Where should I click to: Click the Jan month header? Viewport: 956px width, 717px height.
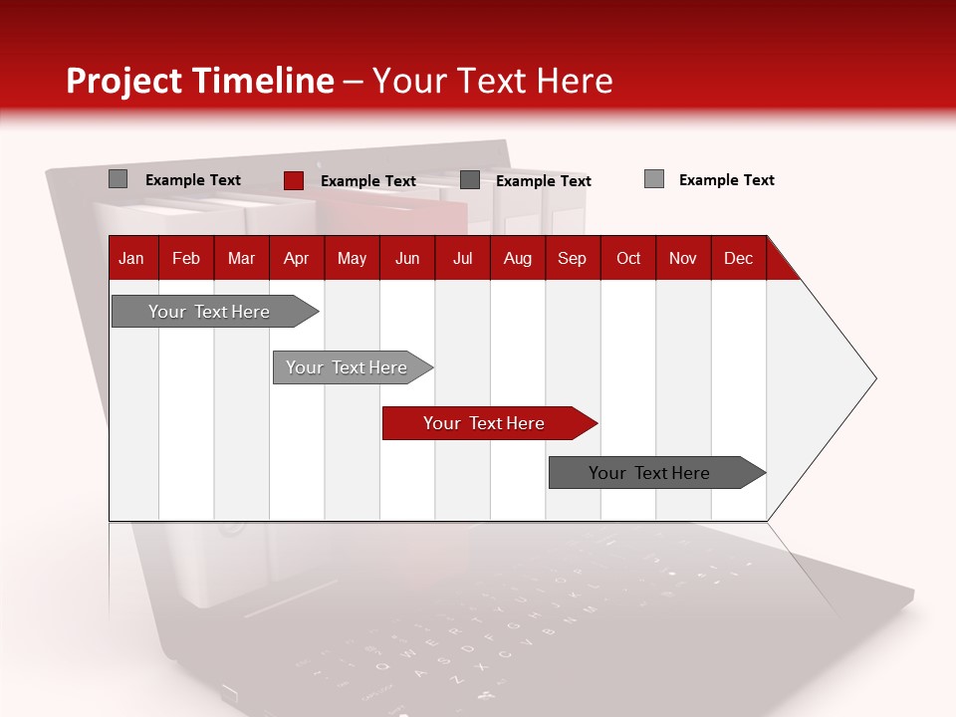(x=132, y=258)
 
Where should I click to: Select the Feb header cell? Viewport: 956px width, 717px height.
(x=186, y=258)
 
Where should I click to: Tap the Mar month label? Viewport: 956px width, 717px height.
(x=241, y=258)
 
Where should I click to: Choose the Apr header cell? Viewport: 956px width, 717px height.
(x=297, y=258)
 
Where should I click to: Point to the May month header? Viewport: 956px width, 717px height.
(x=352, y=258)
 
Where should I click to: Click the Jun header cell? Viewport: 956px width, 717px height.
(x=407, y=258)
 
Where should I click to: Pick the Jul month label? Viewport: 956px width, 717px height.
(x=462, y=258)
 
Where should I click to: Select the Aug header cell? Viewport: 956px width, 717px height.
(x=518, y=258)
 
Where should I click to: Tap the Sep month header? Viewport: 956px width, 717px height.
(x=573, y=258)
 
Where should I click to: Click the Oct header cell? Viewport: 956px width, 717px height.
(x=628, y=258)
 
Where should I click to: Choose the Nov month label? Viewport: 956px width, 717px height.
(x=683, y=258)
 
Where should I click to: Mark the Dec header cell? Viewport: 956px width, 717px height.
(x=739, y=258)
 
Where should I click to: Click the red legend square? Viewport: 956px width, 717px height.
(x=293, y=180)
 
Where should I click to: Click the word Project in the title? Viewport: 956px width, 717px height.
(x=124, y=81)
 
